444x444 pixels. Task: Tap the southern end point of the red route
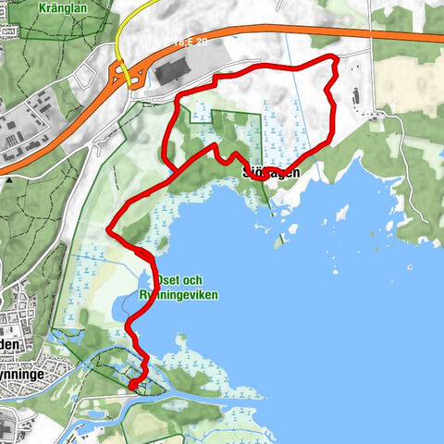[131, 384]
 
